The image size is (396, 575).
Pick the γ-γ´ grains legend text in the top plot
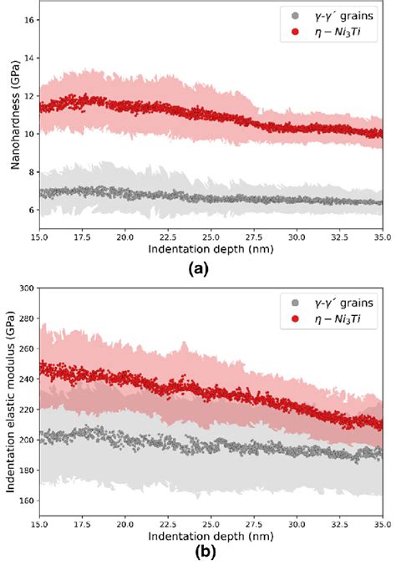pos(345,14)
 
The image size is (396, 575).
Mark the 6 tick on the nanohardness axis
pos(32,211)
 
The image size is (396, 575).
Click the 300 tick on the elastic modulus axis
pos(28,287)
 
